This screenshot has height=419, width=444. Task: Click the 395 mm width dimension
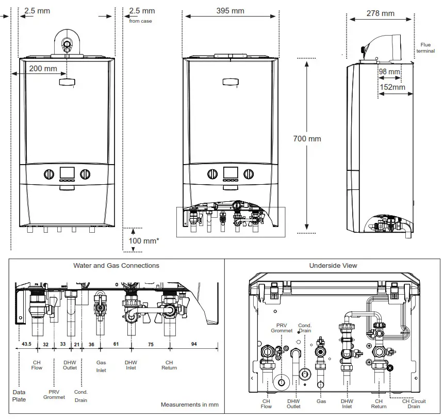click(230, 11)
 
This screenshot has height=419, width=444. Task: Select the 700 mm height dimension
click(307, 138)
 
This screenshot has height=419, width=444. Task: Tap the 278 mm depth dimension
click(381, 13)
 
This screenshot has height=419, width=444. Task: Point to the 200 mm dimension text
click(43, 69)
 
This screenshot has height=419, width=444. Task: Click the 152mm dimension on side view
click(393, 87)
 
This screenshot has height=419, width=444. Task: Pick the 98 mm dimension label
click(389, 71)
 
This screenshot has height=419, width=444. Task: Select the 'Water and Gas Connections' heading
click(116, 266)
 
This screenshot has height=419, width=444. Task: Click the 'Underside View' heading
click(333, 266)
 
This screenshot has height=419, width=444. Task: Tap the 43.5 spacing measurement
click(26, 344)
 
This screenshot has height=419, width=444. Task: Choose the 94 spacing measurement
click(194, 344)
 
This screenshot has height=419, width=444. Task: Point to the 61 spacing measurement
click(116, 344)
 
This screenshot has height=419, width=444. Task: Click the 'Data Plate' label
click(19, 396)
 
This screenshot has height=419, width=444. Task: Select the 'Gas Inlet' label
click(101, 366)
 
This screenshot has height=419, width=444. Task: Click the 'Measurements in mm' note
click(189, 405)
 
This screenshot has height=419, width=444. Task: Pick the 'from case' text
click(140, 21)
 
